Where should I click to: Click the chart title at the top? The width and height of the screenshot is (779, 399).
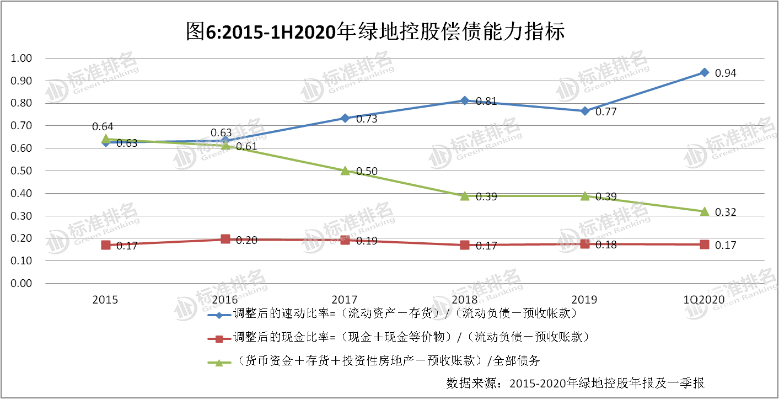(375, 31)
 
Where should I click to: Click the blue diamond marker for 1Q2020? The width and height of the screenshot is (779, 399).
(704, 72)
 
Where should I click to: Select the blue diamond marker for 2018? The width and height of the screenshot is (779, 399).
(465, 100)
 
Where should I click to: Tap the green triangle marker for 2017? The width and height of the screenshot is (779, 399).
(345, 171)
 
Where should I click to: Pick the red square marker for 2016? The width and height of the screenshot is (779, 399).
(225, 239)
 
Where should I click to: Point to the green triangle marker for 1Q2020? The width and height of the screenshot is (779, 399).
(704, 211)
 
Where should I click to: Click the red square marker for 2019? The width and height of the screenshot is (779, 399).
(584, 243)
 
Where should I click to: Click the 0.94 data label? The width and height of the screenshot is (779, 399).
(726, 73)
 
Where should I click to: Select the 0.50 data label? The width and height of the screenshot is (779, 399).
(367, 172)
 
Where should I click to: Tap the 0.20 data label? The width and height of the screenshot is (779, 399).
(246, 240)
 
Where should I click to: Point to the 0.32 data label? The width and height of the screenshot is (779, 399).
(726, 212)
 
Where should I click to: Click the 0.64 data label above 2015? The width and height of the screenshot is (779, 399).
(103, 126)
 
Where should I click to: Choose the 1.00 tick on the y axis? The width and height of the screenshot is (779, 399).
(23, 58)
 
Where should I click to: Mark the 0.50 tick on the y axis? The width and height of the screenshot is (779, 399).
(23, 171)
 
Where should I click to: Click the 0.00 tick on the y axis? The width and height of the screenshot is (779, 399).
(23, 283)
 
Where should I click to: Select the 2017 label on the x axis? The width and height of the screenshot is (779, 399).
(345, 300)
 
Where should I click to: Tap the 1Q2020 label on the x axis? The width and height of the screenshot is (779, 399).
(704, 300)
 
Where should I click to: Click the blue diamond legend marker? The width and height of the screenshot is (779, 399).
(219, 315)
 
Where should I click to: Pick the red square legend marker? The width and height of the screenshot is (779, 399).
(219, 338)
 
